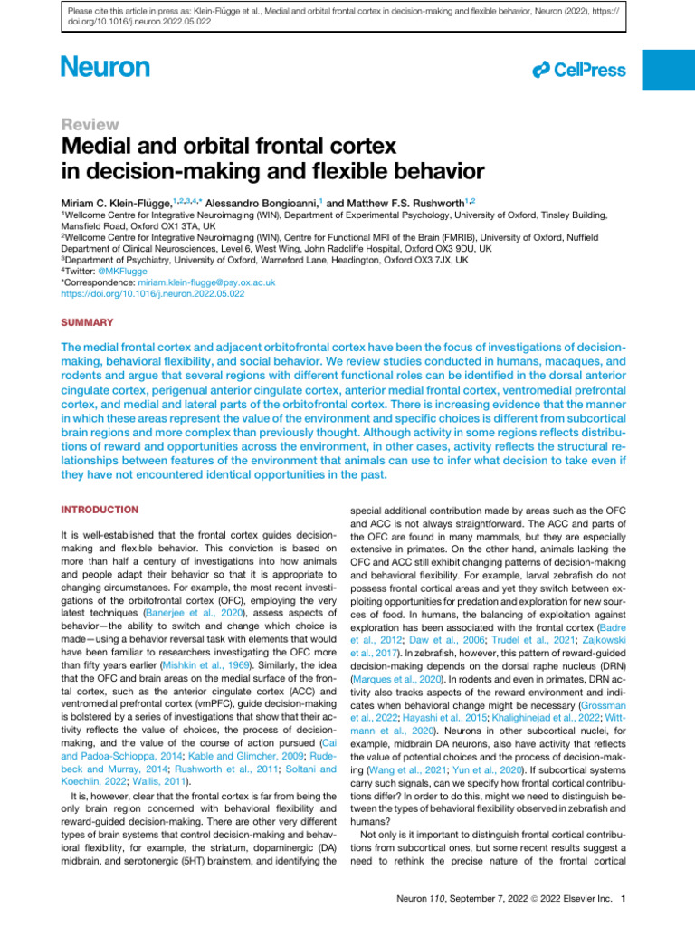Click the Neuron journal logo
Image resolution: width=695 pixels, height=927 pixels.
[x=105, y=67]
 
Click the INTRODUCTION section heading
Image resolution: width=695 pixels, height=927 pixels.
[x=100, y=510]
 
